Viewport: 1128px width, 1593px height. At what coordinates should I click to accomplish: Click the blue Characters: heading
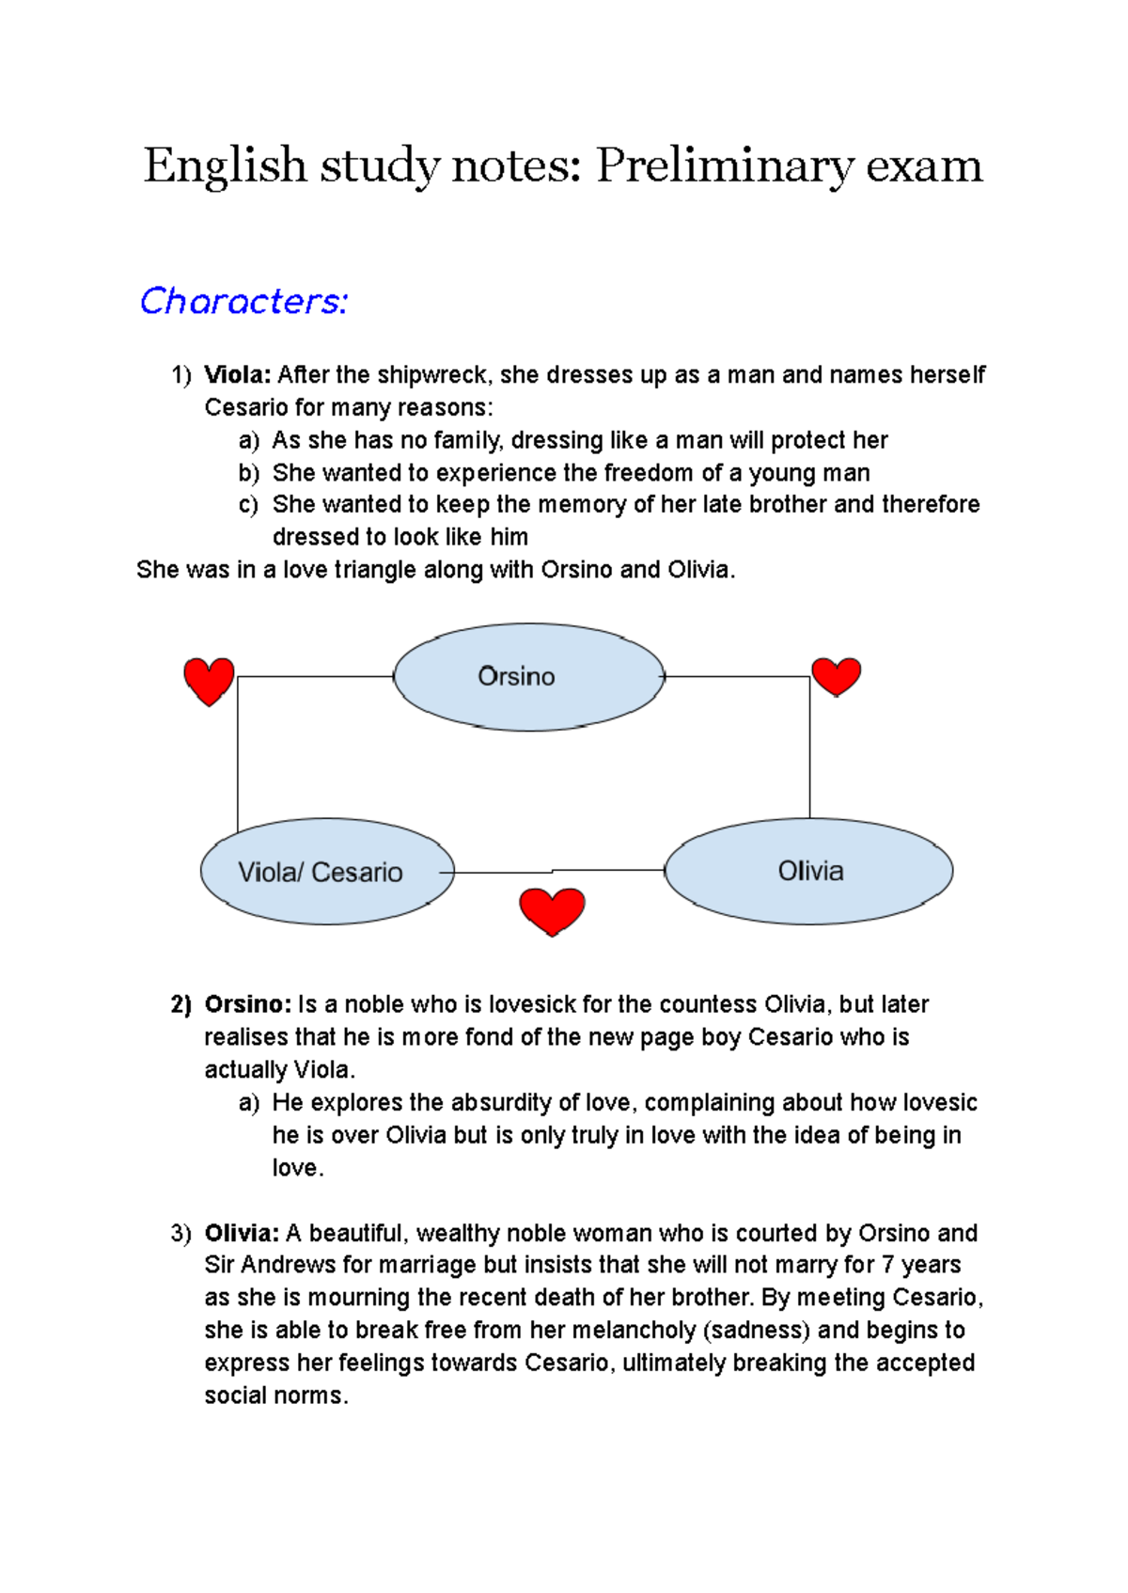point(243,301)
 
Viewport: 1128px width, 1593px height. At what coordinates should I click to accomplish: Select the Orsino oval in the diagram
point(528,677)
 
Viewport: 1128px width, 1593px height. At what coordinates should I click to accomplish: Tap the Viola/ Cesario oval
point(326,872)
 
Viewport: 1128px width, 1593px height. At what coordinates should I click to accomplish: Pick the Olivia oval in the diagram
point(808,871)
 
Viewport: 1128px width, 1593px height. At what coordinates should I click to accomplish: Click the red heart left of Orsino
point(209,680)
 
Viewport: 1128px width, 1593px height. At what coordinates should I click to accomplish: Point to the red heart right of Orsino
point(836,675)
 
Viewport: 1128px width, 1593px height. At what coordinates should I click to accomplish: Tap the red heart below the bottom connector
point(552,910)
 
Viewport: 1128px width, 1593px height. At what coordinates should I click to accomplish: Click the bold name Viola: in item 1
point(238,375)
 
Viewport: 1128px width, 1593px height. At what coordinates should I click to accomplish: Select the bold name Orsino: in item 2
point(248,1004)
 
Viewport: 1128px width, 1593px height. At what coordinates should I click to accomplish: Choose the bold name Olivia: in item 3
point(242,1233)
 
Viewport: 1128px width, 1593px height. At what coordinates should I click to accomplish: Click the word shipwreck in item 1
point(432,375)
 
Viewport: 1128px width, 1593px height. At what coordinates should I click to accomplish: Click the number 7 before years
point(887,1265)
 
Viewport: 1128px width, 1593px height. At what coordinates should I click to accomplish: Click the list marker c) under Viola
point(248,505)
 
